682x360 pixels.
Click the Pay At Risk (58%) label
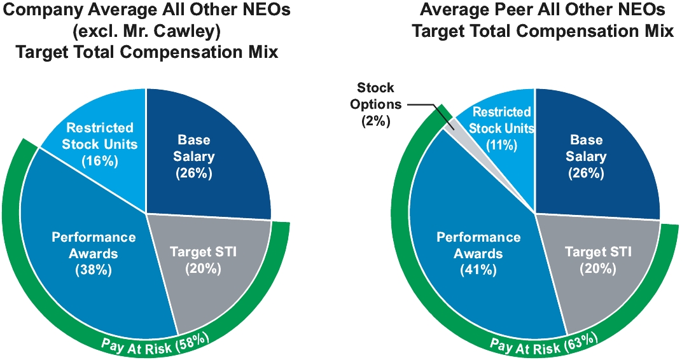point(155,342)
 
